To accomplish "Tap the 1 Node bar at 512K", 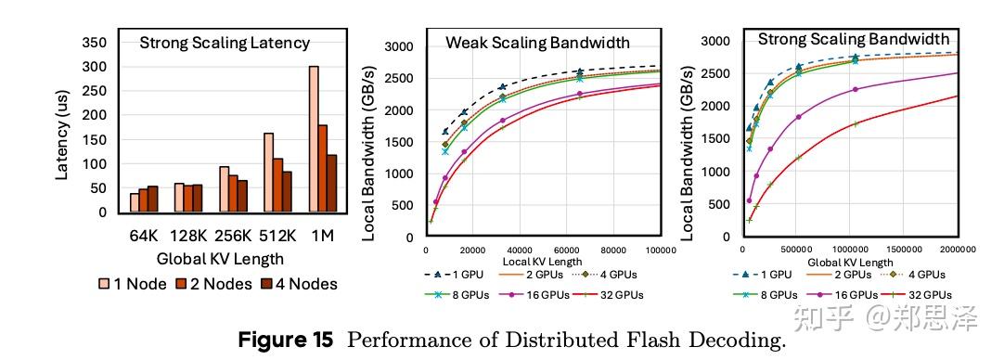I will click(267, 173).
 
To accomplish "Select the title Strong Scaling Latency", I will click(225, 43).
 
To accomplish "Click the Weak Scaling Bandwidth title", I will click(537, 43).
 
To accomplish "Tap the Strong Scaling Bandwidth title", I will click(853, 39).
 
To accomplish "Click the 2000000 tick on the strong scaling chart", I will click(955, 250).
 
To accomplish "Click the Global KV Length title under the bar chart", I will click(220, 259).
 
